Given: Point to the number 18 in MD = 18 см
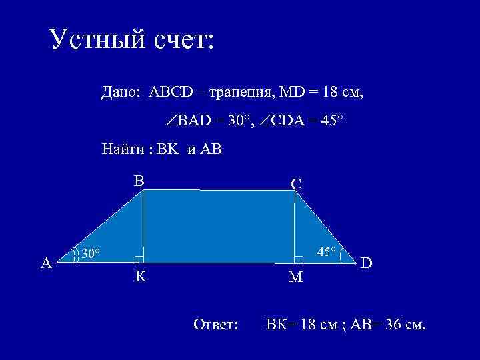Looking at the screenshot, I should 330,91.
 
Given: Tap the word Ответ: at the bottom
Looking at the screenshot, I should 215,325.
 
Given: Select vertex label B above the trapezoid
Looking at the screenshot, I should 139,180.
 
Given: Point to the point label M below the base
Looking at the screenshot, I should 295,277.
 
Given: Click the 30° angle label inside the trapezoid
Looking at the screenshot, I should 91,253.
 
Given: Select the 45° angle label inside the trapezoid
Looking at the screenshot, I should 327,252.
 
